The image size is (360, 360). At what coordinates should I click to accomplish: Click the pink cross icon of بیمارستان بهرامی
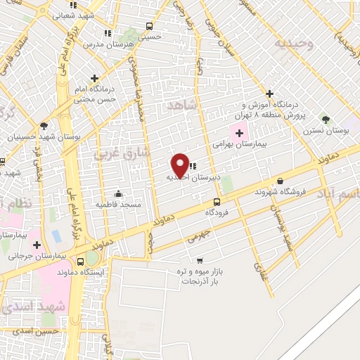(237, 131)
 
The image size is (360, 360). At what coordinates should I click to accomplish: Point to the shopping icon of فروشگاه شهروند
(280, 181)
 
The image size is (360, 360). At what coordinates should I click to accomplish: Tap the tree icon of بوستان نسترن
(325, 120)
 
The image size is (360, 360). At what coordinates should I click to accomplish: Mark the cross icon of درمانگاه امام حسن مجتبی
(94, 78)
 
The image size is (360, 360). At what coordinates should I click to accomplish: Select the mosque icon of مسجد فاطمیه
(117, 194)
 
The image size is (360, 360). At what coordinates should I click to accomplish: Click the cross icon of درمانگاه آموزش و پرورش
(269, 93)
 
